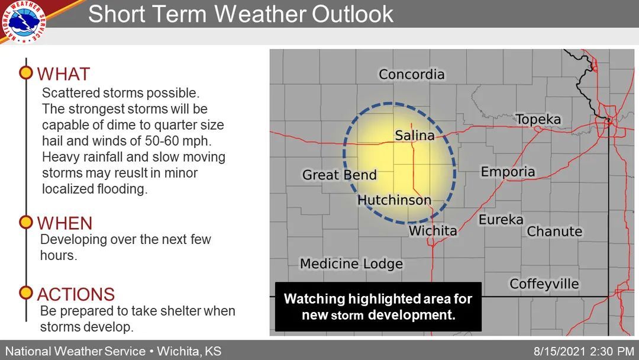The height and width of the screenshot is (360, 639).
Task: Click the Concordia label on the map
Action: (x=411, y=75)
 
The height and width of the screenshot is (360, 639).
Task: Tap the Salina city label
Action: (x=414, y=136)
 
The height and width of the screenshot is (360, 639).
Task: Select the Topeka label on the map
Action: (x=538, y=120)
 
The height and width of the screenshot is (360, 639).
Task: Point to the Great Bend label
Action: (x=339, y=175)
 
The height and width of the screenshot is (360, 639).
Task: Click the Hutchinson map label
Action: (x=394, y=200)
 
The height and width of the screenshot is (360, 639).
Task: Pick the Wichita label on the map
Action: (x=433, y=231)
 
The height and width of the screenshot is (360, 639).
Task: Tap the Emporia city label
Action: (x=508, y=172)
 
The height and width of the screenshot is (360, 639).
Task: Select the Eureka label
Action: (x=501, y=220)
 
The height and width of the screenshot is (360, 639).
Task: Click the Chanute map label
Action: (x=554, y=232)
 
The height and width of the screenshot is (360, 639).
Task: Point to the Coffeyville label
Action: (x=544, y=284)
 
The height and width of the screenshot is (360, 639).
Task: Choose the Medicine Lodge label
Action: (x=351, y=264)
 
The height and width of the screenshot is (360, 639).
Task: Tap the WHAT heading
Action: (x=63, y=75)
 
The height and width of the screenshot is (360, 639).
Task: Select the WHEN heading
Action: (x=65, y=223)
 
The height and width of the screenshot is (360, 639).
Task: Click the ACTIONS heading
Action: (x=76, y=294)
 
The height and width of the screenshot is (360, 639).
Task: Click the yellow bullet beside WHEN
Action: (x=26, y=223)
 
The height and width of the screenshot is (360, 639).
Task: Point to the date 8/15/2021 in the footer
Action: (x=553, y=351)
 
